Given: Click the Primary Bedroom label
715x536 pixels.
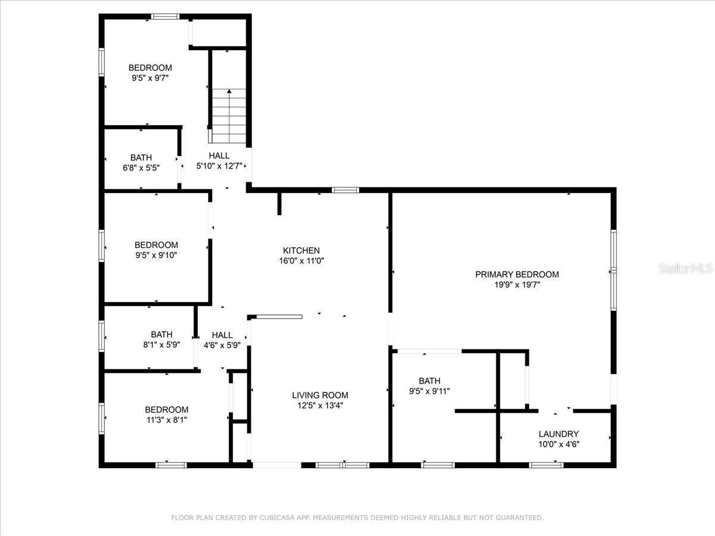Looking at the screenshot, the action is (517, 275).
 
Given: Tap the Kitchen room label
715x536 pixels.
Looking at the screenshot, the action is (301, 250).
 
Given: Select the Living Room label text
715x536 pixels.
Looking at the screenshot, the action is (320, 395).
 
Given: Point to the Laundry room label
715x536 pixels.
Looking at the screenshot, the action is (559, 434).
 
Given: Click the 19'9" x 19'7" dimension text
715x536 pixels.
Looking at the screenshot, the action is (517, 285).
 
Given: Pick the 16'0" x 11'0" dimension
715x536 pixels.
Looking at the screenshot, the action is (301, 261).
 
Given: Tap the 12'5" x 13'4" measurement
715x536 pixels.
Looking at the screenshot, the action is (320, 406).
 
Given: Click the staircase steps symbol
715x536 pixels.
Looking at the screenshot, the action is (229, 116).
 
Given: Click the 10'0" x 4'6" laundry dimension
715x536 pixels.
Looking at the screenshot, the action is (559, 444).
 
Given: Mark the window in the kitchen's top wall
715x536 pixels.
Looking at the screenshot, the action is (345, 190).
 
